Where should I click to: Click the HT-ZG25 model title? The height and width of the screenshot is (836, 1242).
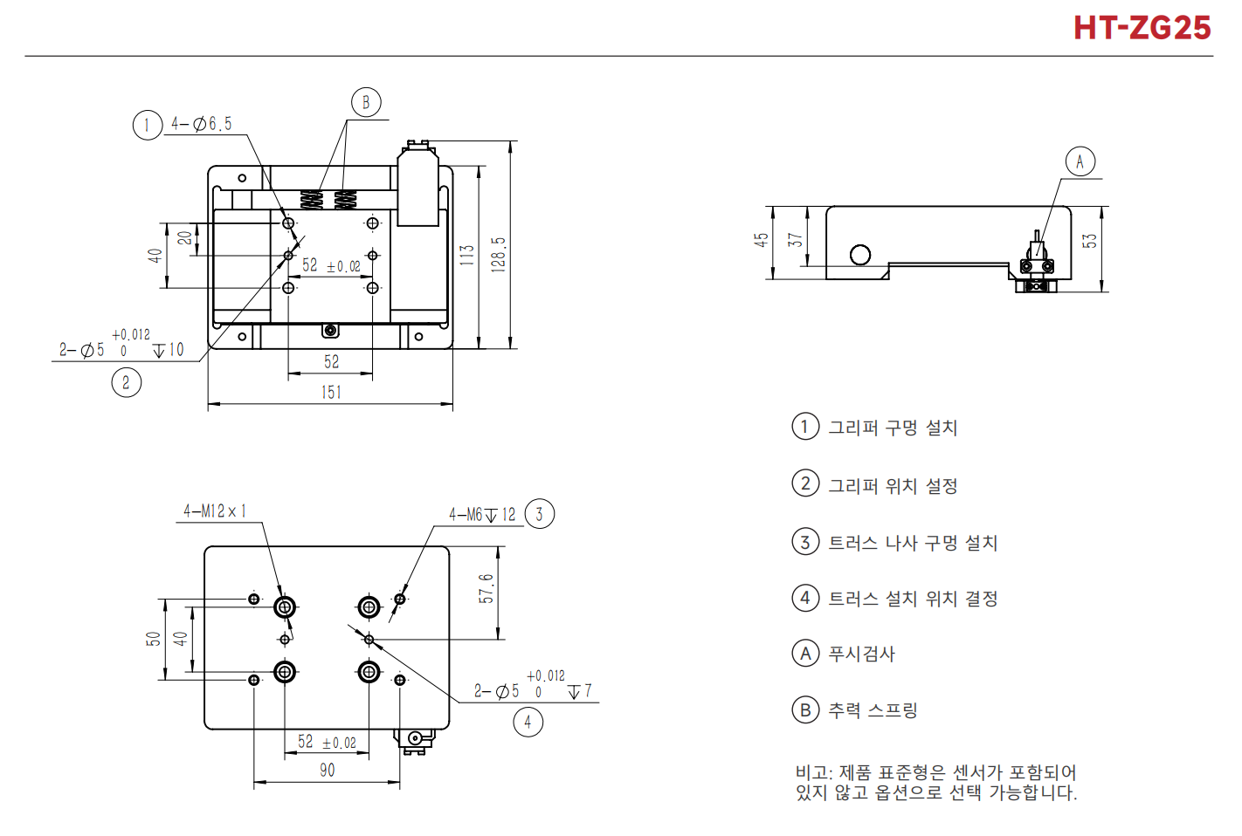pyautogui.click(x=1142, y=28)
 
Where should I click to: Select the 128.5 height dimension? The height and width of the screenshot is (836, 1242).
pyautogui.click(x=498, y=254)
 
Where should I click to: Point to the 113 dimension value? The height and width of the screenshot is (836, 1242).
pyautogui.click(x=467, y=255)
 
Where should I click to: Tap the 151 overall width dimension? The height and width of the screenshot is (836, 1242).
pyautogui.click(x=331, y=392)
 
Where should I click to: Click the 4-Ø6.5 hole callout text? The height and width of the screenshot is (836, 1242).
pyautogui.click(x=201, y=124)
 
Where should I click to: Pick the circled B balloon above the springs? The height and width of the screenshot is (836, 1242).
pyautogui.click(x=366, y=102)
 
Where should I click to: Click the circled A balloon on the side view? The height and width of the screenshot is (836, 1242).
pyautogui.click(x=1080, y=161)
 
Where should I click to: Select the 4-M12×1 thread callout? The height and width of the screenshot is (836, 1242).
pyautogui.click(x=215, y=511)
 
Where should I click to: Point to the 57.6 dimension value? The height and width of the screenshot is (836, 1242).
pyautogui.click(x=486, y=588)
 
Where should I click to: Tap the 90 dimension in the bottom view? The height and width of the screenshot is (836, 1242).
pyautogui.click(x=328, y=770)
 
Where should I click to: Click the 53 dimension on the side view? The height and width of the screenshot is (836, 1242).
pyautogui.click(x=1089, y=241)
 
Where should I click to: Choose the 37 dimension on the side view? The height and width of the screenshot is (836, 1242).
pyautogui.click(x=795, y=240)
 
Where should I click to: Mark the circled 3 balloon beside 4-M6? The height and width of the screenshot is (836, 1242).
pyautogui.click(x=539, y=514)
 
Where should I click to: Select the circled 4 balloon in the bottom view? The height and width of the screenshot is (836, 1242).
pyautogui.click(x=528, y=722)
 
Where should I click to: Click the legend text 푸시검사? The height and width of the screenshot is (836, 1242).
pyautogui.click(x=862, y=654)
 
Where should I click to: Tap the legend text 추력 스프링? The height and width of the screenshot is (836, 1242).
pyautogui.click(x=873, y=710)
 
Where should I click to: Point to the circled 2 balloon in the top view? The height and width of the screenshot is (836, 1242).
pyautogui.click(x=127, y=382)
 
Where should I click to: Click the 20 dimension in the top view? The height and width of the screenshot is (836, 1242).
pyautogui.click(x=184, y=238)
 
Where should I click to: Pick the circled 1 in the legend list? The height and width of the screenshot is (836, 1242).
pyautogui.click(x=805, y=427)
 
